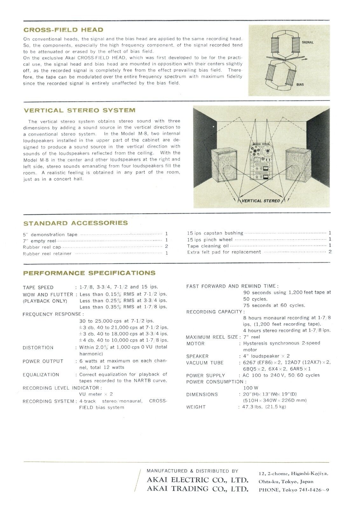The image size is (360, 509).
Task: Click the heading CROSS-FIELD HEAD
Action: point(63,30)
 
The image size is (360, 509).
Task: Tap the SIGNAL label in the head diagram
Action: point(308,42)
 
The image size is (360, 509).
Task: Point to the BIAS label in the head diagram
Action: point(300,85)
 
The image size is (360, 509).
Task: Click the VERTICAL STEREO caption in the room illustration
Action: point(261,201)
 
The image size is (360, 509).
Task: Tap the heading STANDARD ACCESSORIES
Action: point(75,223)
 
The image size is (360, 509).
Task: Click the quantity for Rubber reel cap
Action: point(166,247)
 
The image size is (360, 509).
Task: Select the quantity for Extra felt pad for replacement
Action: point(330,252)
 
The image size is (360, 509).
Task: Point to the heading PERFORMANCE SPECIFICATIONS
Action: point(89,273)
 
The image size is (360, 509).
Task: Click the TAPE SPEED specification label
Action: point(38,287)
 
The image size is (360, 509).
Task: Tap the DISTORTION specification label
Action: point(38,348)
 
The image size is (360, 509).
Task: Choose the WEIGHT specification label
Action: point(196,407)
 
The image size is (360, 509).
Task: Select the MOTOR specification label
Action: point(195,344)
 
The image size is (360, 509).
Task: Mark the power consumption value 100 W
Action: point(250,388)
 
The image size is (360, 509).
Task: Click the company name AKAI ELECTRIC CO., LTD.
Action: point(197,480)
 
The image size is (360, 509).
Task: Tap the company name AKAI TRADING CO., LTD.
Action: point(197,489)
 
